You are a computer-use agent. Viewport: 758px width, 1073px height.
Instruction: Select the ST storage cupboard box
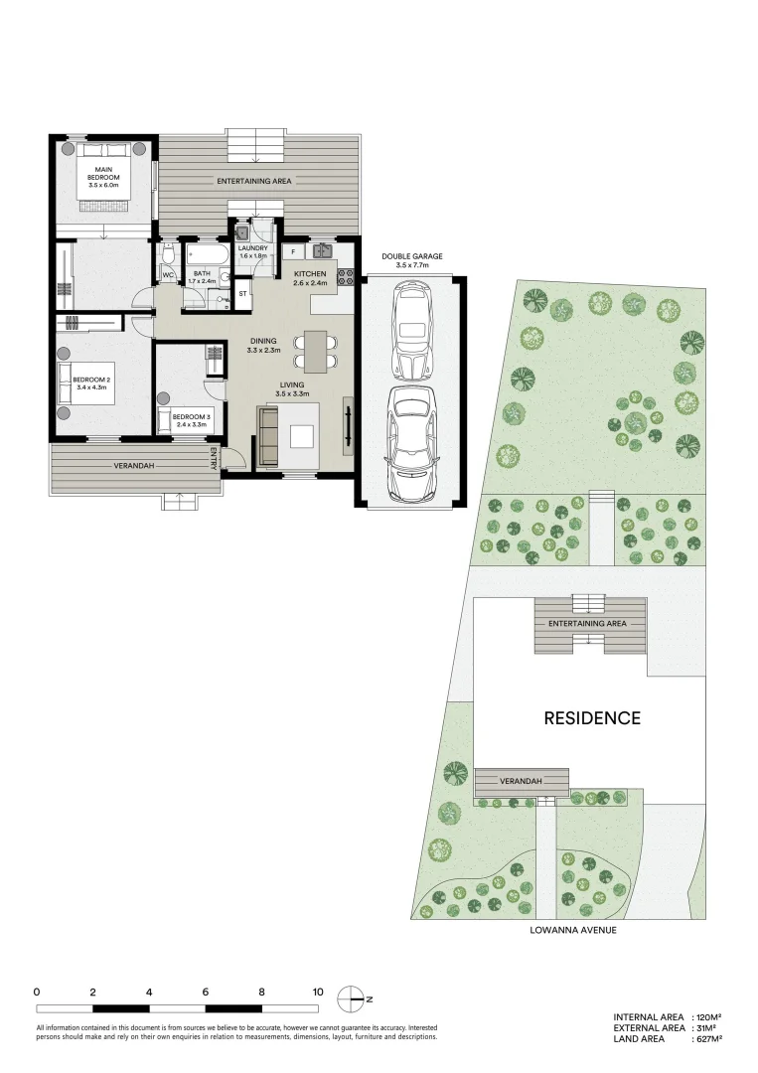pyautogui.click(x=242, y=293)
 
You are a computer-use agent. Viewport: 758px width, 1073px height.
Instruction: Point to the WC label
pyautogui.click(x=168, y=275)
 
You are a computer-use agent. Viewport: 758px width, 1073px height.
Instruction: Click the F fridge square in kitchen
pyautogui.click(x=293, y=251)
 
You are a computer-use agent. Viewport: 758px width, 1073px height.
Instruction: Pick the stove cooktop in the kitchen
pyautogui.click(x=345, y=276)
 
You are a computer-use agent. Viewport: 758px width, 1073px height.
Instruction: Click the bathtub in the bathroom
pyautogui.click(x=207, y=256)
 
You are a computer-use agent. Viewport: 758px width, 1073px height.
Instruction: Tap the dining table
pyautogui.click(x=315, y=351)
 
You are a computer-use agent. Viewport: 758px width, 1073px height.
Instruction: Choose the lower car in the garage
pyautogui.click(x=412, y=444)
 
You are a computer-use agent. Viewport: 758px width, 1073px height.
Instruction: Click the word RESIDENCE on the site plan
pyautogui.click(x=592, y=718)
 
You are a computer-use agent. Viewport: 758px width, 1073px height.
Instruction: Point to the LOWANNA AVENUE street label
pyautogui.click(x=573, y=930)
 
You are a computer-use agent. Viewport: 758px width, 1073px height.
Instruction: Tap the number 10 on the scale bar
pyautogui.click(x=318, y=992)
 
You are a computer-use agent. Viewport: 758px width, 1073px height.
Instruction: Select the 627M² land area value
pyautogui.click(x=706, y=1039)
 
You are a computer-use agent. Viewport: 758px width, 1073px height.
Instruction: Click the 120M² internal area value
pyautogui.click(x=706, y=1017)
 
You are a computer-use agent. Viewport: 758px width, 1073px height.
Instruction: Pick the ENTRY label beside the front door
pyautogui.click(x=215, y=458)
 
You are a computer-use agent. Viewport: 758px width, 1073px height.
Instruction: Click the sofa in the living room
pyautogui.click(x=267, y=436)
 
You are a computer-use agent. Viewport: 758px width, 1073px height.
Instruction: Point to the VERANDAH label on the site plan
pyautogui.click(x=521, y=781)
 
